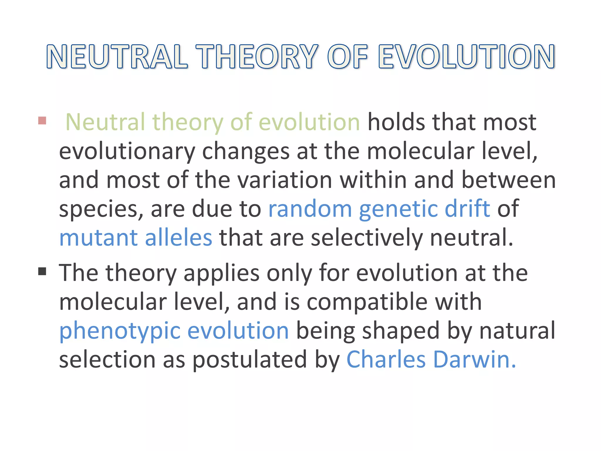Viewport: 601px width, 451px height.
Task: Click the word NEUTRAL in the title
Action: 117,57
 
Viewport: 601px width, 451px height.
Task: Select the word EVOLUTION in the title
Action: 466,57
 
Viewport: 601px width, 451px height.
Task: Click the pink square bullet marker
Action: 42,120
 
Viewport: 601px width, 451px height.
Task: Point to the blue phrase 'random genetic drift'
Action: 379,208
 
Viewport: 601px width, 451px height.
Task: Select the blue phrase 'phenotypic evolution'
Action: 174,331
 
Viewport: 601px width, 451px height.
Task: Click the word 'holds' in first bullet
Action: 396,122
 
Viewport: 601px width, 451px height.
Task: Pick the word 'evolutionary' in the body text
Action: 127,151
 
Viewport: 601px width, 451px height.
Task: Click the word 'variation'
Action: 284,180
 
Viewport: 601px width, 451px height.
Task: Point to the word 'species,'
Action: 101,209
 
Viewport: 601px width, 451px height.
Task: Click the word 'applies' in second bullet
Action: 222,273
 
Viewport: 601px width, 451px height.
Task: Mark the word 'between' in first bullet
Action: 508,180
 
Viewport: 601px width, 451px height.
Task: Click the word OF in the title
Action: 347,57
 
